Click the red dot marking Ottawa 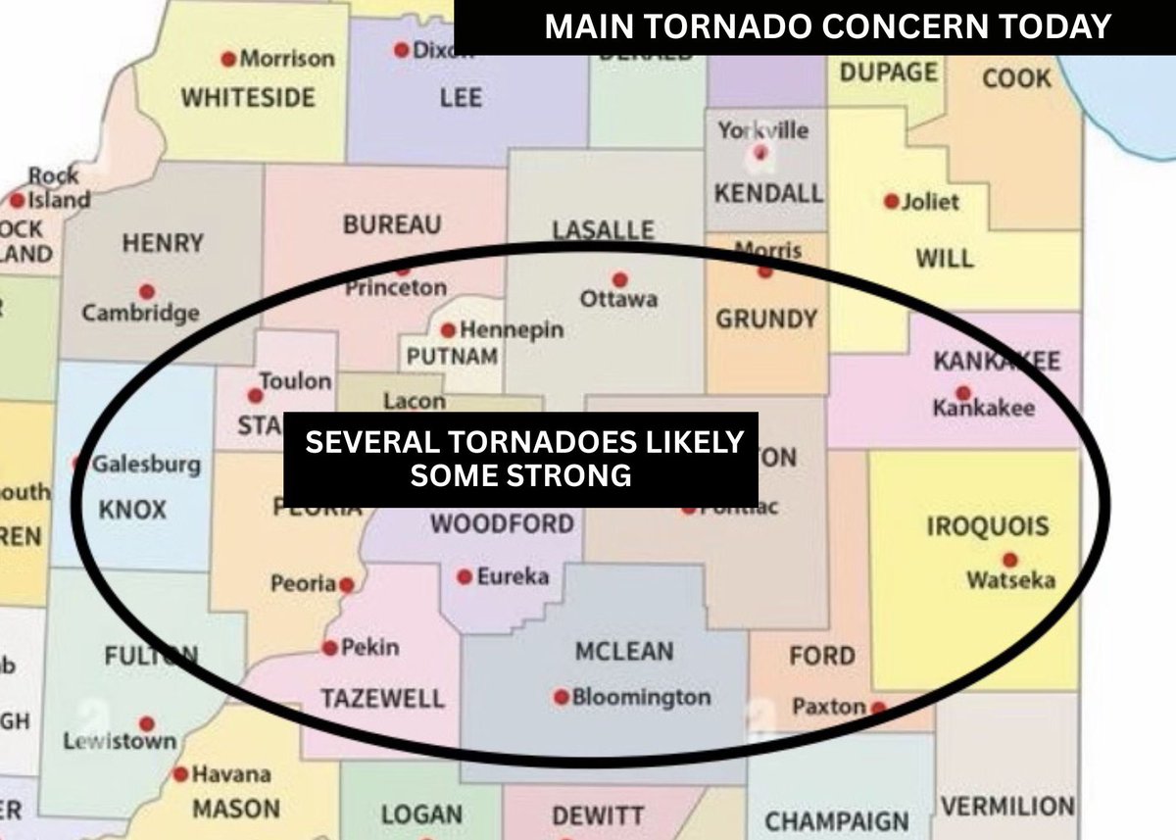(x=618, y=278)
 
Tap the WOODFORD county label (x=502, y=523)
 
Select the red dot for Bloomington (x=562, y=697)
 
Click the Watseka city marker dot (x=1010, y=560)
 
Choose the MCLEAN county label (x=624, y=651)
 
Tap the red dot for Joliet (x=891, y=201)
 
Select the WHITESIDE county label (x=248, y=97)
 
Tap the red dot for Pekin (x=330, y=648)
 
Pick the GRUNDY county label (x=765, y=319)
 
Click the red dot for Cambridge (x=147, y=291)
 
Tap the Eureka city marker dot (x=465, y=577)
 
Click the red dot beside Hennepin (x=448, y=330)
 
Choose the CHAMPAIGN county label (x=836, y=820)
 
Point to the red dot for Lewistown (x=147, y=724)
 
